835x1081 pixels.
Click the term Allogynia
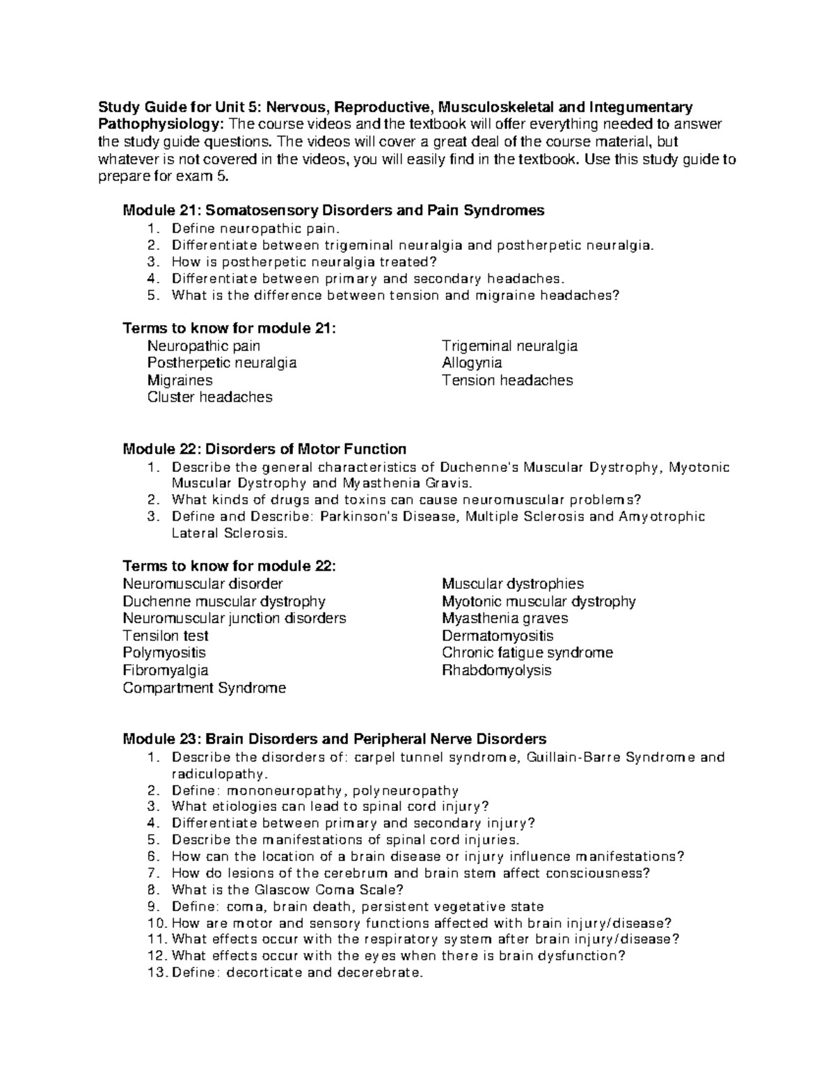(x=471, y=363)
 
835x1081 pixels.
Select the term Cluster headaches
(x=209, y=397)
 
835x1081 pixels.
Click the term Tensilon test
(x=165, y=636)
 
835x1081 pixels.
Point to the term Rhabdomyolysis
(x=496, y=670)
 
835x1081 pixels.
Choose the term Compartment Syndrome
(x=204, y=688)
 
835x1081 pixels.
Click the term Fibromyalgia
(x=165, y=670)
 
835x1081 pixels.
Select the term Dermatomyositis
(x=498, y=636)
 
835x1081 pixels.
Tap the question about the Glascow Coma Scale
(x=287, y=890)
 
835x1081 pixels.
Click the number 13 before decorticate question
(x=158, y=972)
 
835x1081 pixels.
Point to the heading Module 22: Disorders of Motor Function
(x=264, y=449)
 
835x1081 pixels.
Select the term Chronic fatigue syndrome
(x=527, y=653)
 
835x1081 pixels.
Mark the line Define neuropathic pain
(x=257, y=228)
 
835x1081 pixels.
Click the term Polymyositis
(x=164, y=653)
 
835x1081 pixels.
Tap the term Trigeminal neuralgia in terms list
(x=509, y=346)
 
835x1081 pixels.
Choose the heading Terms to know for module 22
(x=229, y=566)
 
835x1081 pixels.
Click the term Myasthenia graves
(x=504, y=618)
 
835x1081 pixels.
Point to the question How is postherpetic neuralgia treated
(x=304, y=262)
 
